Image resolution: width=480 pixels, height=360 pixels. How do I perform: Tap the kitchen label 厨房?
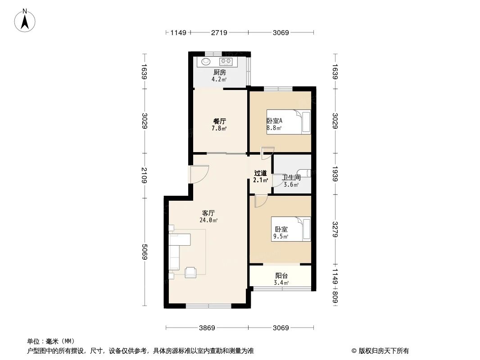pos(219,72)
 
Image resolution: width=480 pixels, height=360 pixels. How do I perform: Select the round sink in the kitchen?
pos(206,62)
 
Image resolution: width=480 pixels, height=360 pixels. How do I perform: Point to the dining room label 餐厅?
pos(219,121)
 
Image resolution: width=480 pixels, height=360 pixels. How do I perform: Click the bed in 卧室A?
pos(289,121)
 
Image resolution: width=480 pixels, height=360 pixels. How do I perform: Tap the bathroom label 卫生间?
pos(291,178)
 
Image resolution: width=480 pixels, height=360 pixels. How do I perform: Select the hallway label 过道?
pos(260,173)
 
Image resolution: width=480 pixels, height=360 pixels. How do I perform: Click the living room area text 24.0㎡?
pos(209,220)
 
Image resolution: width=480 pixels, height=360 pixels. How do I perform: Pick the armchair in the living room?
pos(190,272)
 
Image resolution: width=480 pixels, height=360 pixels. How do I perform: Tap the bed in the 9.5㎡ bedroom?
pos(291,229)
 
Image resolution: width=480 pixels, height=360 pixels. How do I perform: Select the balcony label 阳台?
pos(281,276)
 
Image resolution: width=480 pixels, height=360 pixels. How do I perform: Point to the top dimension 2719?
pos(219,32)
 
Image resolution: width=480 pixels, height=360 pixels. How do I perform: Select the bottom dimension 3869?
pos(207,328)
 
